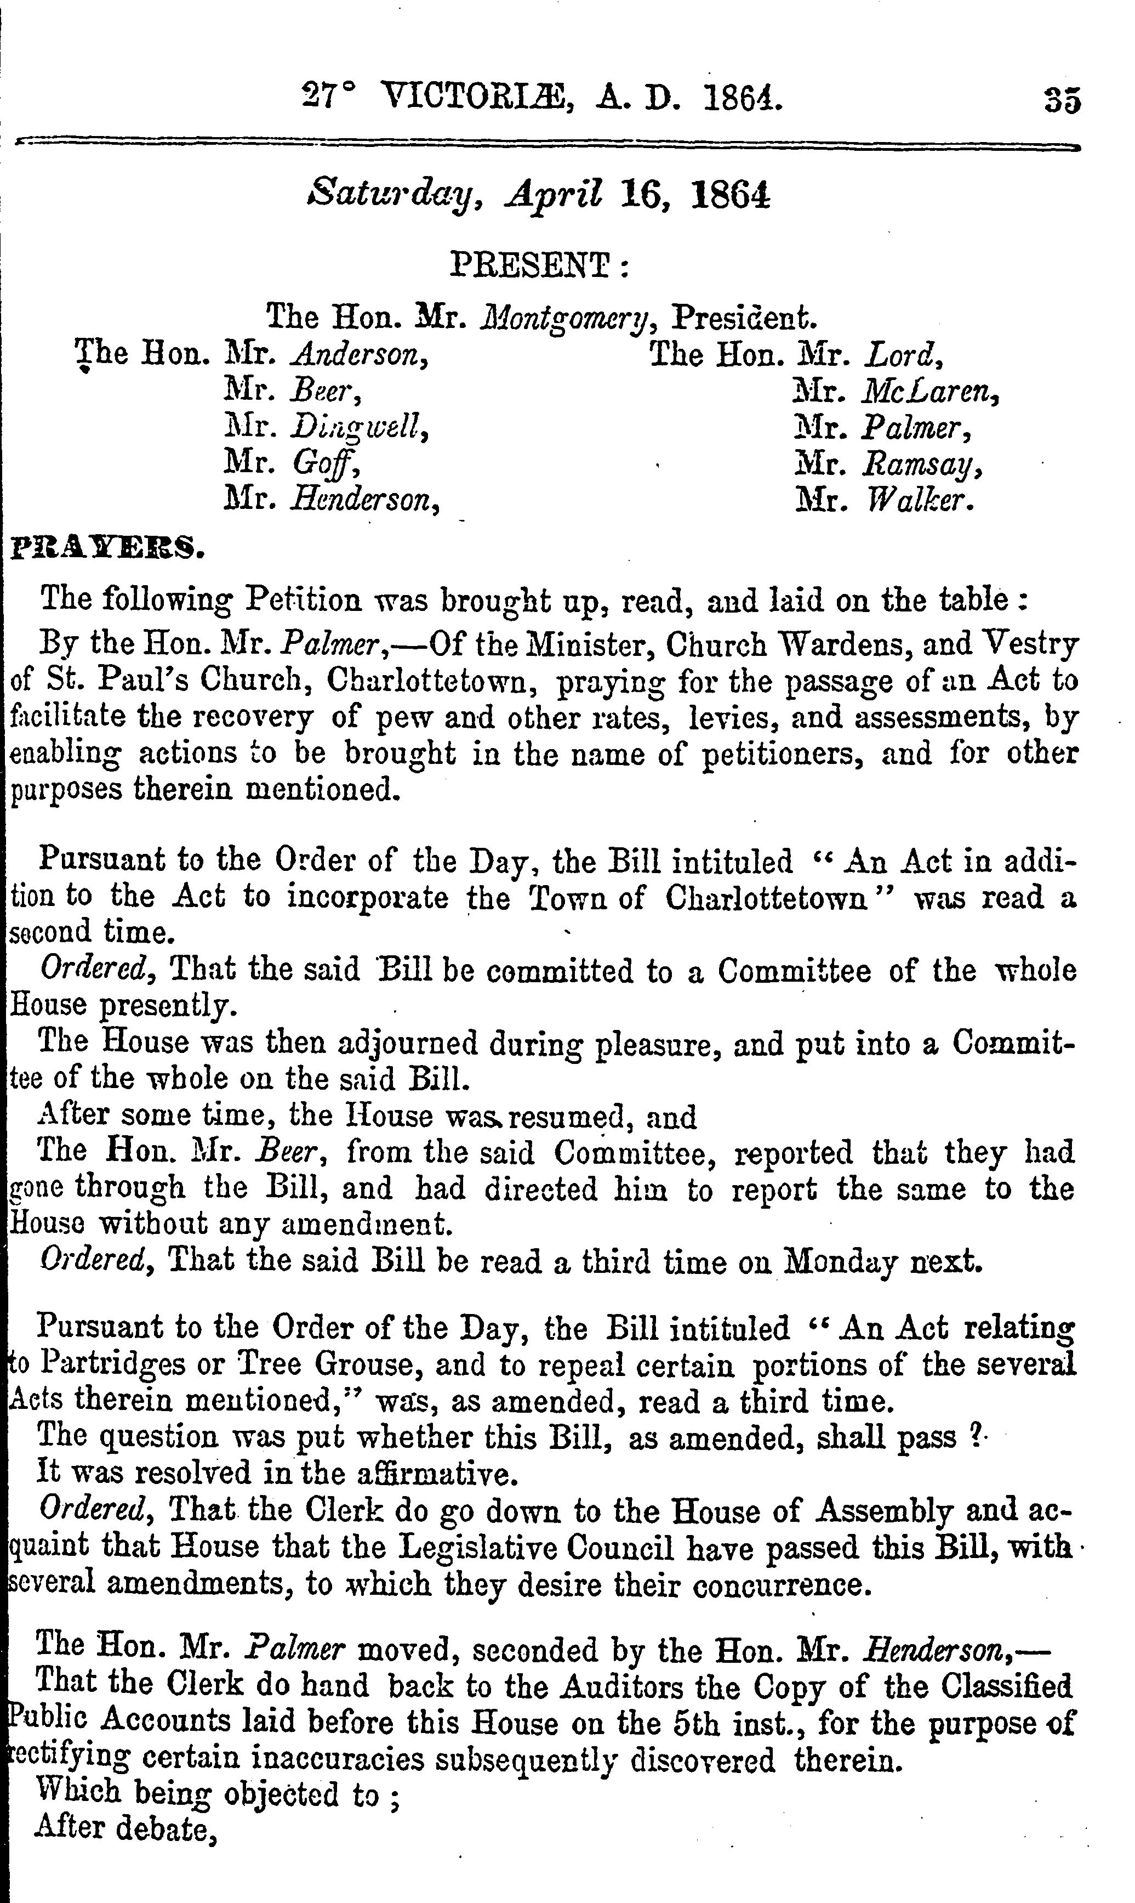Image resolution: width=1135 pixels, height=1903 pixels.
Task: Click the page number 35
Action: pyautogui.click(x=1062, y=101)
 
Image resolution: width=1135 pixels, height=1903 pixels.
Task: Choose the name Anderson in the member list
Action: pyautogui.click(x=359, y=354)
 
